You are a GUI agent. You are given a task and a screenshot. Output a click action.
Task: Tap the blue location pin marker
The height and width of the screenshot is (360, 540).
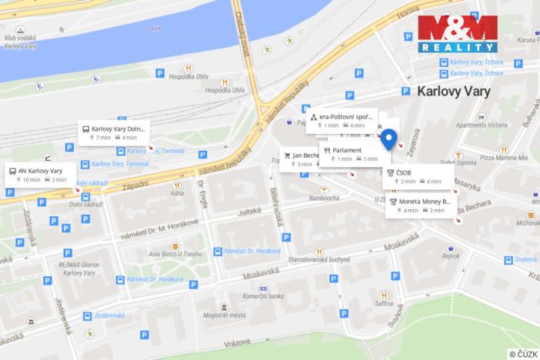click(x=389, y=139)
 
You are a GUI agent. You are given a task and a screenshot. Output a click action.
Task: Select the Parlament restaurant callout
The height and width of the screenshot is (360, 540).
click(x=351, y=154)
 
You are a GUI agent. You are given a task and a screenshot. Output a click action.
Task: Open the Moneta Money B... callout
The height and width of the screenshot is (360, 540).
click(x=420, y=205)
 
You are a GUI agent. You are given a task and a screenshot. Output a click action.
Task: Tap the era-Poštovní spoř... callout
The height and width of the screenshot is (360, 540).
click(x=343, y=120)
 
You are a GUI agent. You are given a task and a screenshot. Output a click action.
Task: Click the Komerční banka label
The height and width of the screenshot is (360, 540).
click(x=263, y=296)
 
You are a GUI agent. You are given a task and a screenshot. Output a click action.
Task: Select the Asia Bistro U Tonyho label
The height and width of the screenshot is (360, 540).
click(x=159, y=255)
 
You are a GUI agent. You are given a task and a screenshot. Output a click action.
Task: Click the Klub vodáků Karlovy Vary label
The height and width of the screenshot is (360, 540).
click(x=22, y=42)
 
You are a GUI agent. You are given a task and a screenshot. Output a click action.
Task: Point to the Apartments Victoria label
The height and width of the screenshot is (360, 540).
click(x=482, y=125)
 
